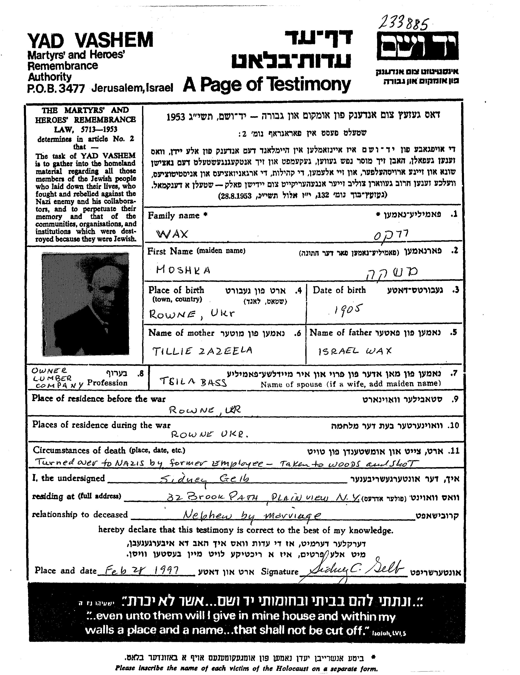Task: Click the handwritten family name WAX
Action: click(x=172, y=234)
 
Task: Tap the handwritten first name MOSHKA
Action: click(x=183, y=270)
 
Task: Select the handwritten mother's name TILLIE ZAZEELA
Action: click(x=202, y=351)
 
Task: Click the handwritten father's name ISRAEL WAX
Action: click(x=354, y=351)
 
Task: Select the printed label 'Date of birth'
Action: click(x=339, y=290)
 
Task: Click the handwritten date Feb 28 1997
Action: click(x=143, y=570)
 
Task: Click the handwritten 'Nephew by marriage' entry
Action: click(x=252, y=515)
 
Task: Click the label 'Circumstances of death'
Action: click(x=79, y=450)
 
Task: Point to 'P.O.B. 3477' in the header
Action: click(x=56, y=89)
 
